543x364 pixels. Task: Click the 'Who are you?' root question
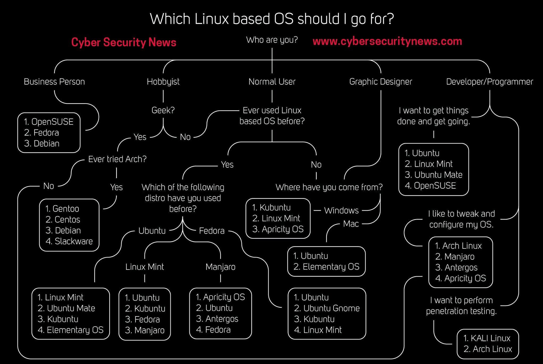click(272, 40)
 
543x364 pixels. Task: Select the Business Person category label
click(54, 82)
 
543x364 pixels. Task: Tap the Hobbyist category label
click(163, 82)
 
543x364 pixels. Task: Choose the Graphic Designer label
click(380, 82)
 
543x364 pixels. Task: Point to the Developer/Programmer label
click(489, 82)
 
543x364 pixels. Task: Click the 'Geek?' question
click(163, 110)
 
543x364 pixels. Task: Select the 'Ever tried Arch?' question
click(117, 159)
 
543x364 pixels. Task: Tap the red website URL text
click(387, 41)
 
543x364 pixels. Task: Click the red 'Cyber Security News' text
click(124, 42)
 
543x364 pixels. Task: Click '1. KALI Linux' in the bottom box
click(487, 338)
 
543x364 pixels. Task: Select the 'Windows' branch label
click(341, 210)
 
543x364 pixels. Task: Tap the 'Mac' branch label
click(351, 224)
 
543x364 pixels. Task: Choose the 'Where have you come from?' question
click(329, 187)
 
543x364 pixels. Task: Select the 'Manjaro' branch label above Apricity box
click(220, 266)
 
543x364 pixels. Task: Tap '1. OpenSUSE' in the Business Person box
click(49, 122)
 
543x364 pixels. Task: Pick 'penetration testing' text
click(461, 311)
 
